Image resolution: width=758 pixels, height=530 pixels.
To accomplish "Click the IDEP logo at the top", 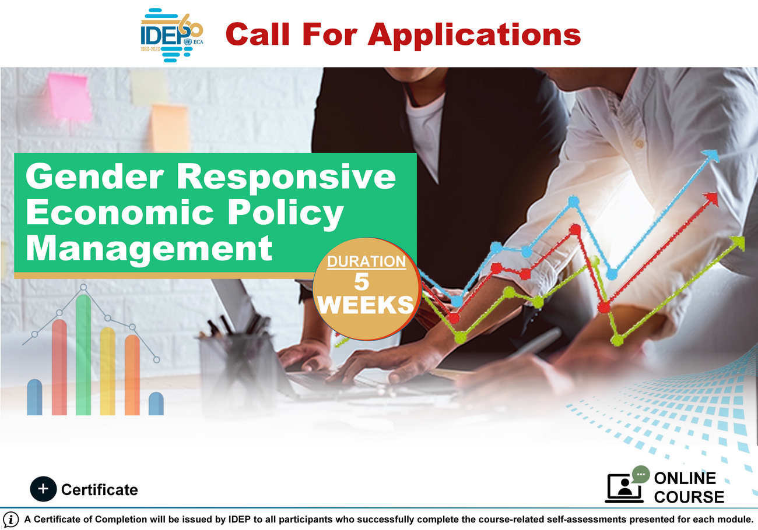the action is tap(172, 35).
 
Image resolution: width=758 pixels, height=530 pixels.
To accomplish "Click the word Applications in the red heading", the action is tap(474, 35).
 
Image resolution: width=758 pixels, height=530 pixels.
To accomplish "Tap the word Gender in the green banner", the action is tap(94, 178).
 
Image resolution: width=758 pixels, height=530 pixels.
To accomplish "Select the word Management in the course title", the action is tap(149, 250).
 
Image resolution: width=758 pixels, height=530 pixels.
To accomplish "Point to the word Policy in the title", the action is tap(286, 214).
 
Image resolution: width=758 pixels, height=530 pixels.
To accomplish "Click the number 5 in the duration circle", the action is tap(362, 281).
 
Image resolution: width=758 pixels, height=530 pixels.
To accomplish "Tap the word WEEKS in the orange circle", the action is tap(366, 305).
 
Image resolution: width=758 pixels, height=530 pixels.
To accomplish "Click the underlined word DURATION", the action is tap(367, 262).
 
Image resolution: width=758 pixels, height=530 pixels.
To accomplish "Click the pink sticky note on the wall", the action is tap(69, 97).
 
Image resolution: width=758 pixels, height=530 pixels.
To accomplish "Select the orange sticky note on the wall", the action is tap(170, 128).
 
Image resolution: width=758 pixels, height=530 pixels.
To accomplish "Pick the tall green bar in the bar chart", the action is tap(83, 355).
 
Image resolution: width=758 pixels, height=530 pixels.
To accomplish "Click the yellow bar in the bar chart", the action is tap(108, 371).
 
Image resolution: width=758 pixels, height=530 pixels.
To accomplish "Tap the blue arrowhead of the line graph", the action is tap(710, 156).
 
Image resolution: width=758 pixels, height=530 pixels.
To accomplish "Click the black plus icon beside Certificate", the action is tap(43, 489).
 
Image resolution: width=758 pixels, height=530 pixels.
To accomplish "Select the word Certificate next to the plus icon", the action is tap(100, 490).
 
